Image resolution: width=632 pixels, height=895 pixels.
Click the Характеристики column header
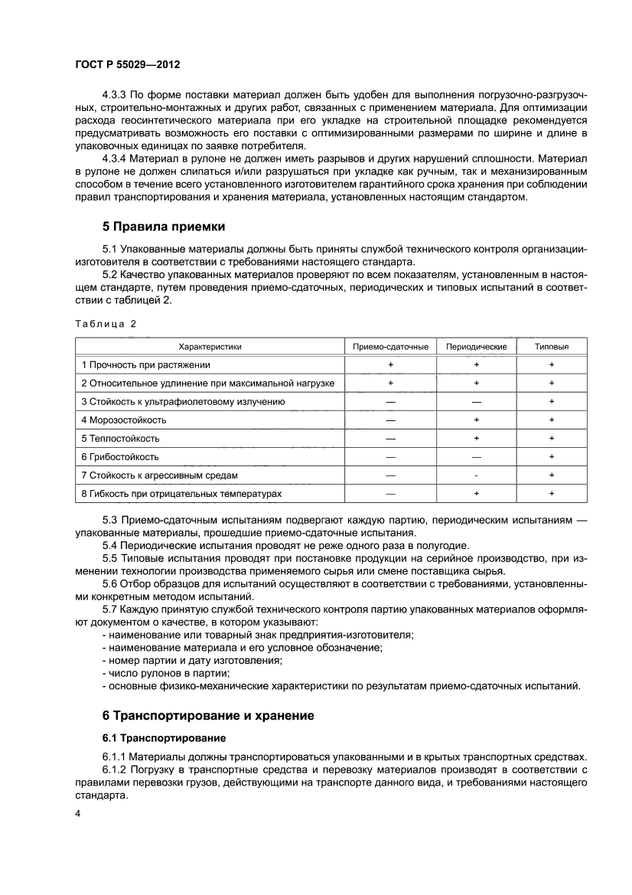[210, 347]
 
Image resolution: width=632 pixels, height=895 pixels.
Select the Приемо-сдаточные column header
[390, 347]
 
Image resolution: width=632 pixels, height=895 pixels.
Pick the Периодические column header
[476, 347]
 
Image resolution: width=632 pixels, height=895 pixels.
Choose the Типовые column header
[552, 347]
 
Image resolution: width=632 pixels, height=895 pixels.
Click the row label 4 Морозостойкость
[123, 420]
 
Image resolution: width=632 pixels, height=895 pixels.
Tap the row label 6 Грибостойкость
[120, 457]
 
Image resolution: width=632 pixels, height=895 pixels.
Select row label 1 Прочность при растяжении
[145, 365]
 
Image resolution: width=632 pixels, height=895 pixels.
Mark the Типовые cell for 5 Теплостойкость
[552, 439]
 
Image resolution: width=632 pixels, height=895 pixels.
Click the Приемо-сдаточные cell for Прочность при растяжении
[390, 365]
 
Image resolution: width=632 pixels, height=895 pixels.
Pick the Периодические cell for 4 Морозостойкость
[476, 420]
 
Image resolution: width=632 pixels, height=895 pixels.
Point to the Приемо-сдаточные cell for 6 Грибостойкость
[390, 457]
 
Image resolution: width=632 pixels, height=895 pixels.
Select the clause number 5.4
[111, 545]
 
